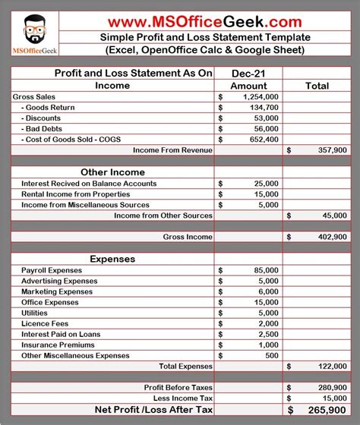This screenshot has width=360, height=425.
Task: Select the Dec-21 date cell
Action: point(249,73)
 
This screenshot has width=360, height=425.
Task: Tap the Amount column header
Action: point(249,86)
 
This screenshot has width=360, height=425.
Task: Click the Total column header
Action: point(317,86)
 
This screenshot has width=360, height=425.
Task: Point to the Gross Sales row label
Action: point(37,97)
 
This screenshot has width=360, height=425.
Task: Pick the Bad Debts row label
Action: point(43,129)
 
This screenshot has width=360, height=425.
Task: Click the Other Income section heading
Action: point(112,172)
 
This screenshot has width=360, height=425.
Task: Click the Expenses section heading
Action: point(112,259)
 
